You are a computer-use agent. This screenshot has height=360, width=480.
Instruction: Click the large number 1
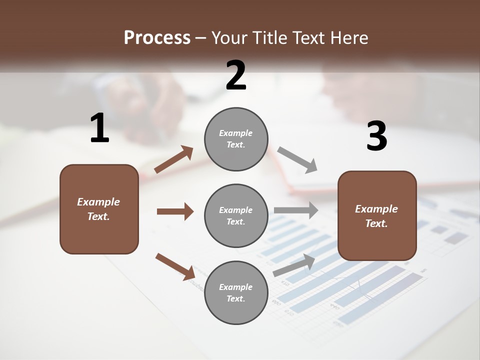pyautogui.click(x=99, y=128)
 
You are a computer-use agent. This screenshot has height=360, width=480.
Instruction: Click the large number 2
pyautogui.click(x=236, y=75)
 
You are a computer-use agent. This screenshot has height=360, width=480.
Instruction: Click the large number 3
pyautogui.click(x=376, y=137)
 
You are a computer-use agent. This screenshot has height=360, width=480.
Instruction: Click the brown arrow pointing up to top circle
pyautogui.click(x=174, y=159)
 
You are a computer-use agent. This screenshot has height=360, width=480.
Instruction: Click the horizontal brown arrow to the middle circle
pyautogui.click(x=175, y=211)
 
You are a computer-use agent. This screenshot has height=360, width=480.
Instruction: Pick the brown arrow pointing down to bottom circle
pyautogui.click(x=175, y=266)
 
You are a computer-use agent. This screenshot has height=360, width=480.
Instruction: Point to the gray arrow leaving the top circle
pyautogui.click(x=297, y=159)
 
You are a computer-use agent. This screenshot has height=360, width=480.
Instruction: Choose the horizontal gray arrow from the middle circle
pyautogui.click(x=296, y=210)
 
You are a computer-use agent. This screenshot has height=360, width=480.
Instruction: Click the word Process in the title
pyautogui.click(x=157, y=37)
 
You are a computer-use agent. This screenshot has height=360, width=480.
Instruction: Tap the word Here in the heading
pyautogui.click(x=348, y=37)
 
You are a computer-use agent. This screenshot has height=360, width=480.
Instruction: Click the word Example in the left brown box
pyautogui.click(x=98, y=202)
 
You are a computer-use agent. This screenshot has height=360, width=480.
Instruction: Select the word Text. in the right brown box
pyautogui.click(x=376, y=223)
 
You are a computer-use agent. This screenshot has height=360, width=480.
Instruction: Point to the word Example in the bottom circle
pyautogui.click(x=235, y=287)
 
